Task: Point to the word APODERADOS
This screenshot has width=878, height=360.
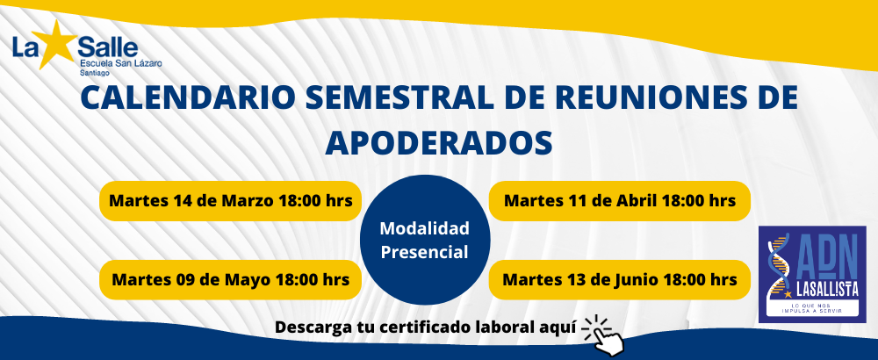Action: pos(439,142)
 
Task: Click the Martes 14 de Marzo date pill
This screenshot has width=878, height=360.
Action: pos(231,200)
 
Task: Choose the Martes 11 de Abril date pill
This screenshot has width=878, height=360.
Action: pos(619,200)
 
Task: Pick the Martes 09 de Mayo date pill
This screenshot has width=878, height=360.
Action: pos(231,279)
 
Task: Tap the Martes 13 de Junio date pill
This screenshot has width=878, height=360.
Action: pos(619,279)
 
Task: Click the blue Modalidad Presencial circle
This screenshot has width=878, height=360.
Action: pos(424,241)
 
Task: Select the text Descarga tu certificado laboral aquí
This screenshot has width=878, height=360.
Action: pos(426,327)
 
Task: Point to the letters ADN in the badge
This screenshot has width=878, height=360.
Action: pos(825,256)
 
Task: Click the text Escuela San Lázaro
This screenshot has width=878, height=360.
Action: pos(121,64)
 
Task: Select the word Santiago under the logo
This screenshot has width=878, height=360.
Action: pos(95,73)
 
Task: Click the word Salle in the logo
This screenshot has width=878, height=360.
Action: pos(107,46)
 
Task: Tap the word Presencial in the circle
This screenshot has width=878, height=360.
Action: pos(424,253)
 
